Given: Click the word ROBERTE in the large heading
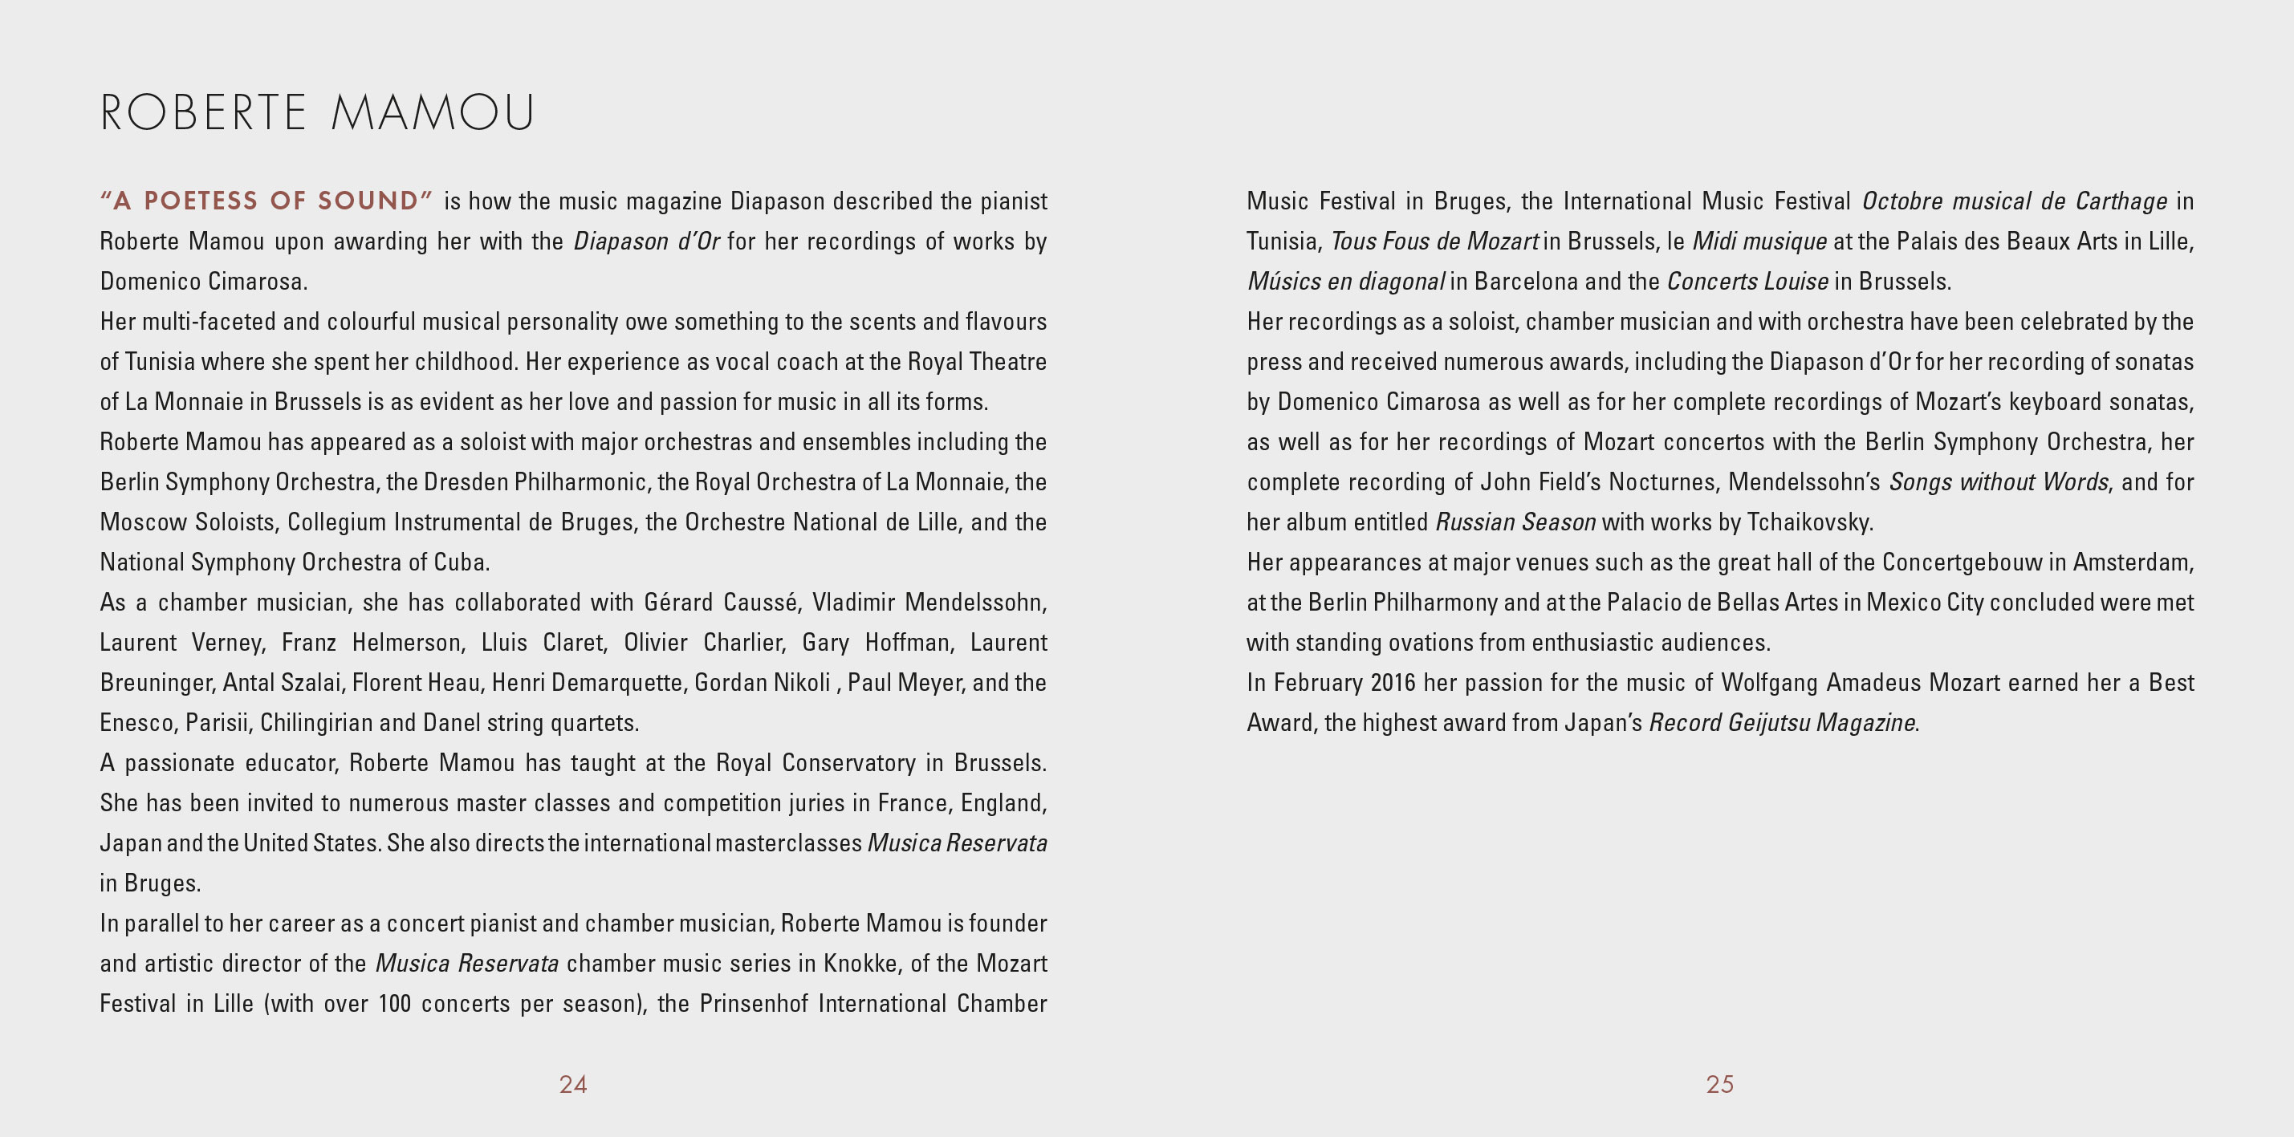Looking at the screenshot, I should [203, 113].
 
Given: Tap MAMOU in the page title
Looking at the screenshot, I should [433, 113].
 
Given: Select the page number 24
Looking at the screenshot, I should [572, 1083].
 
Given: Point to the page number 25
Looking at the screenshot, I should [1719, 1083].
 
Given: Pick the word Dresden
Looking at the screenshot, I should [466, 481].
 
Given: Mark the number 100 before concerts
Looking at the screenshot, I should [394, 1004].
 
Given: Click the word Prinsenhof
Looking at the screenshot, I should [754, 1004].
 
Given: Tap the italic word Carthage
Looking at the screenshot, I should [2121, 201].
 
